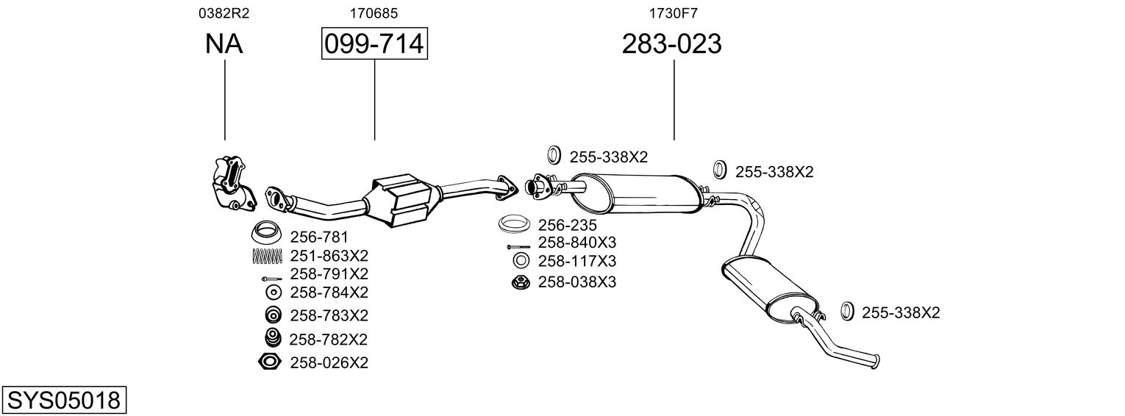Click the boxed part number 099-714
coord(374,43)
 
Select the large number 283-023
coord(671,43)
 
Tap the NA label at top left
coord(224,43)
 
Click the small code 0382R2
coord(224,13)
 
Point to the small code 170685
coord(374,13)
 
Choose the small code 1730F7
coord(674,13)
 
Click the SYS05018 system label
coord(64,401)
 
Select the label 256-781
coord(319,237)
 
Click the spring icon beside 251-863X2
coord(267,257)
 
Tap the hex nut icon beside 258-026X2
coord(270,362)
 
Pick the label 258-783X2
coord(329,315)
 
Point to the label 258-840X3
coord(577,243)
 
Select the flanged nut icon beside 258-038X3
coord(521,282)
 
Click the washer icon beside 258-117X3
coord(521,261)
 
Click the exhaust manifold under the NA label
coord(232,184)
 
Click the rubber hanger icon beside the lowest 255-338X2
coord(847,311)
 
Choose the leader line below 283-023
coord(674,100)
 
